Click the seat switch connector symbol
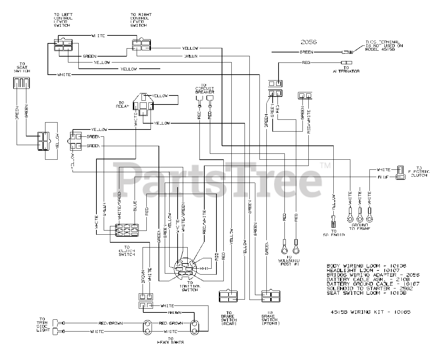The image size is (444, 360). coord(21,84)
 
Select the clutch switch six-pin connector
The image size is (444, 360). coord(127,231)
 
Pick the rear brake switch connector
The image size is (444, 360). coord(228,296)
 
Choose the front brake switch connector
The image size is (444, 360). coord(271,296)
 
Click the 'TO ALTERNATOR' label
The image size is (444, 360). coord(345,69)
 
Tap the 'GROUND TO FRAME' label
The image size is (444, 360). coord(360,227)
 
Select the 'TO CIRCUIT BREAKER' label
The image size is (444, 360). coord(204,89)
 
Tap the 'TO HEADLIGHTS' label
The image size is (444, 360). coord(170,341)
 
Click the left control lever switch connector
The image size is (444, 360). coord(63,45)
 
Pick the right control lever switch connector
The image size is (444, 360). coord(141,45)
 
